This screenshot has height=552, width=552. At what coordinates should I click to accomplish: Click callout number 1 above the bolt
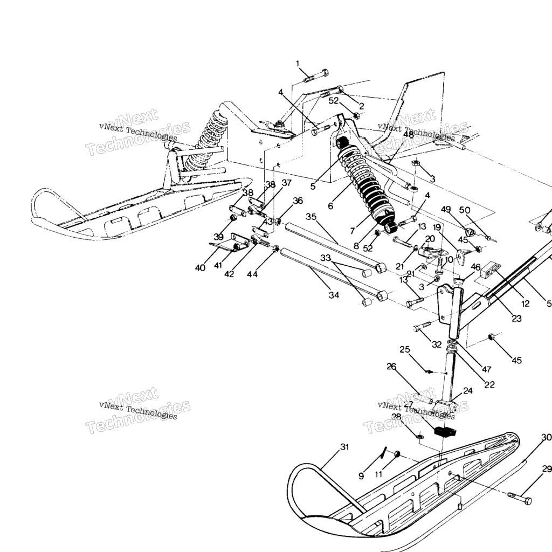pyautogui.click(x=297, y=64)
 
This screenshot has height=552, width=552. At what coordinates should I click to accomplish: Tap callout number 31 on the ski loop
pyautogui.click(x=344, y=447)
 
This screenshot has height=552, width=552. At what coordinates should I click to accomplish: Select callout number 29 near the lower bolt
pyautogui.click(x=547, y=468)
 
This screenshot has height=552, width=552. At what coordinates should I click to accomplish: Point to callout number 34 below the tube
pyautogui.click(x=334, y=295)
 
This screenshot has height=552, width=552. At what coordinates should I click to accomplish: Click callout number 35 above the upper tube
pyautogui.click(x=311, y=217)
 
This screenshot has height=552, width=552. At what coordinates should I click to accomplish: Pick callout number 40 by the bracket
pyautogui.click(x=201, y=268)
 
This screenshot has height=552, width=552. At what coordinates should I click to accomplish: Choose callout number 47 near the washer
pyautogui.click(x=487, y=369)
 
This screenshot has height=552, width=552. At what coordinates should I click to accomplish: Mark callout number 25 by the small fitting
pyautogui.click(x=404, y=349)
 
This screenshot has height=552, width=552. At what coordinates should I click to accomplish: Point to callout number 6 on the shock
pyautogui.click(x=330, y=205)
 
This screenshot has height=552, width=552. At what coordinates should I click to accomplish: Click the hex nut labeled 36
pyautogui.click(x=279, y=220)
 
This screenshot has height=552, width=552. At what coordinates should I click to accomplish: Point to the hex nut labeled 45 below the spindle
pyautogui.click(x=492, y=337)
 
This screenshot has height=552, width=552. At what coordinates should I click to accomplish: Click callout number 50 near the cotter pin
pyautogui.click(x=464, y=210)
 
